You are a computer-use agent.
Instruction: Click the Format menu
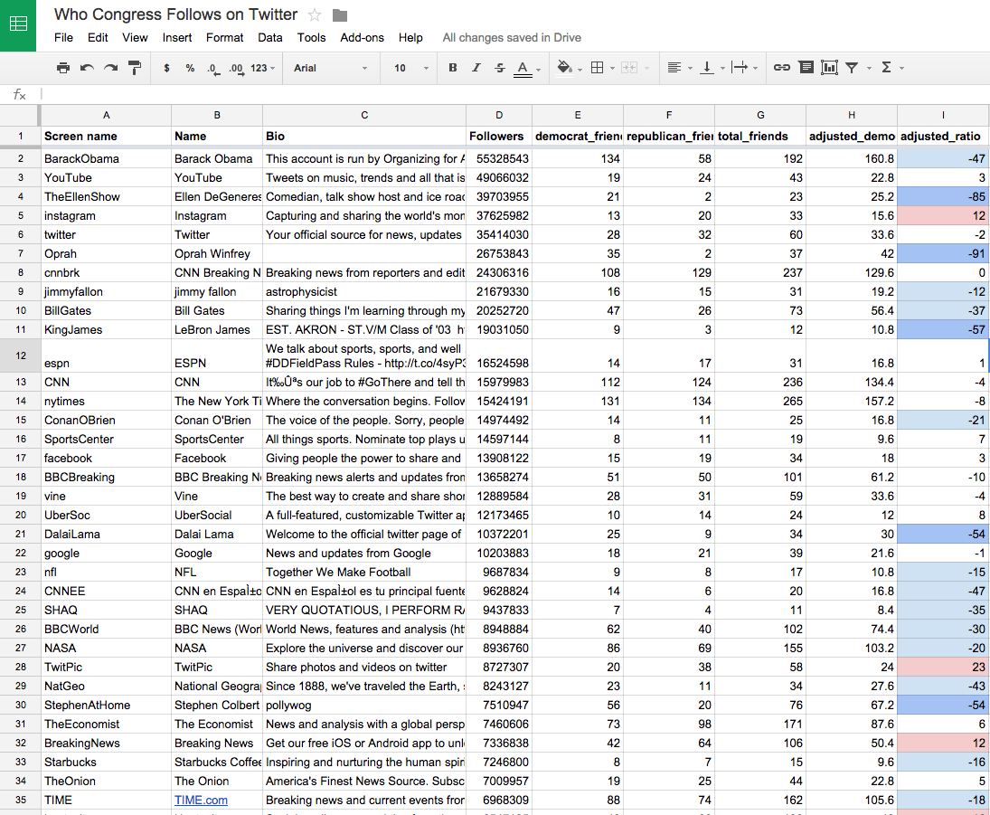224,38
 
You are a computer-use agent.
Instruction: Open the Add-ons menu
362,38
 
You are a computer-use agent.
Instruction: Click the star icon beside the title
315,14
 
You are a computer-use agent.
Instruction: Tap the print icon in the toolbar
63,68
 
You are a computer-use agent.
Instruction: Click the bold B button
453,68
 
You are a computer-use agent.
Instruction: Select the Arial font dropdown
331,68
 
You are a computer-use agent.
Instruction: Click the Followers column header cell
498,137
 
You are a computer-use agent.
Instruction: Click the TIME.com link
201,801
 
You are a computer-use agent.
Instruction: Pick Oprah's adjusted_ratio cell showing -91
943,254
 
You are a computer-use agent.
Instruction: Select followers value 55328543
498,158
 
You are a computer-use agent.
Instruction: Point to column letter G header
760,115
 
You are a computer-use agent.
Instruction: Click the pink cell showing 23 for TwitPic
943,668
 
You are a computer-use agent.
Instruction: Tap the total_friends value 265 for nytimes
760,402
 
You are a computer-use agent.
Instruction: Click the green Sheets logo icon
18,25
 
